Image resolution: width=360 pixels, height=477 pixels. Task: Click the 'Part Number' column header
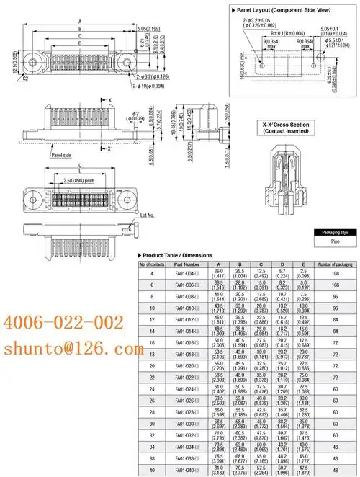coord(176,264)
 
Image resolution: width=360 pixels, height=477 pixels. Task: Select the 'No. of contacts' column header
coord(151,264)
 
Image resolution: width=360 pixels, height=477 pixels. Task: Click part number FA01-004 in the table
coord(177,274)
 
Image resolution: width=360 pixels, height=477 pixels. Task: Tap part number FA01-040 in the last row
coord(177,470)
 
